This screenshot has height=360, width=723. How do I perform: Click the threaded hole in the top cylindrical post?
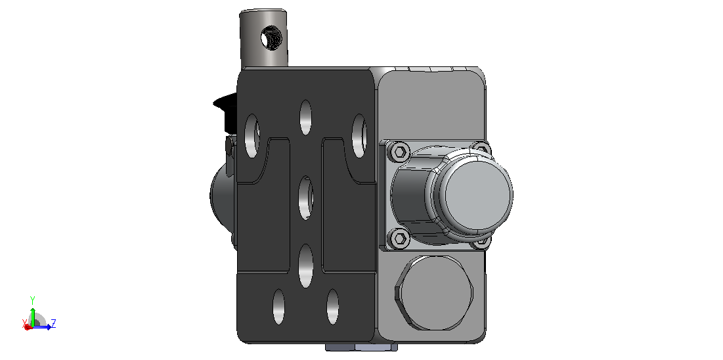click(270, 38)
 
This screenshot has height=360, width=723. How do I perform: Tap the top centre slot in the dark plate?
click(305, 117)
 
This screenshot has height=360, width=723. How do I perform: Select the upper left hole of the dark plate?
click(252, 136)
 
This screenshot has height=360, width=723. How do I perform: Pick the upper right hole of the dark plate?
click(359, 136)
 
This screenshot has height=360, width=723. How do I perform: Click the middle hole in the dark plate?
click(305, 198)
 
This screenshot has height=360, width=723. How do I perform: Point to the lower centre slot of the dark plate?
click(306, 266)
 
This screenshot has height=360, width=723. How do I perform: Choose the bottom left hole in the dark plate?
click(278, 307)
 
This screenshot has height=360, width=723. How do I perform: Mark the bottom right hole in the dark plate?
click(332, 307)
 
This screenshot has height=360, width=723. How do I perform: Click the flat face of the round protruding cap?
click(475, 192)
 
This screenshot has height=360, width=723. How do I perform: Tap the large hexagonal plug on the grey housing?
click(434, 292)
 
